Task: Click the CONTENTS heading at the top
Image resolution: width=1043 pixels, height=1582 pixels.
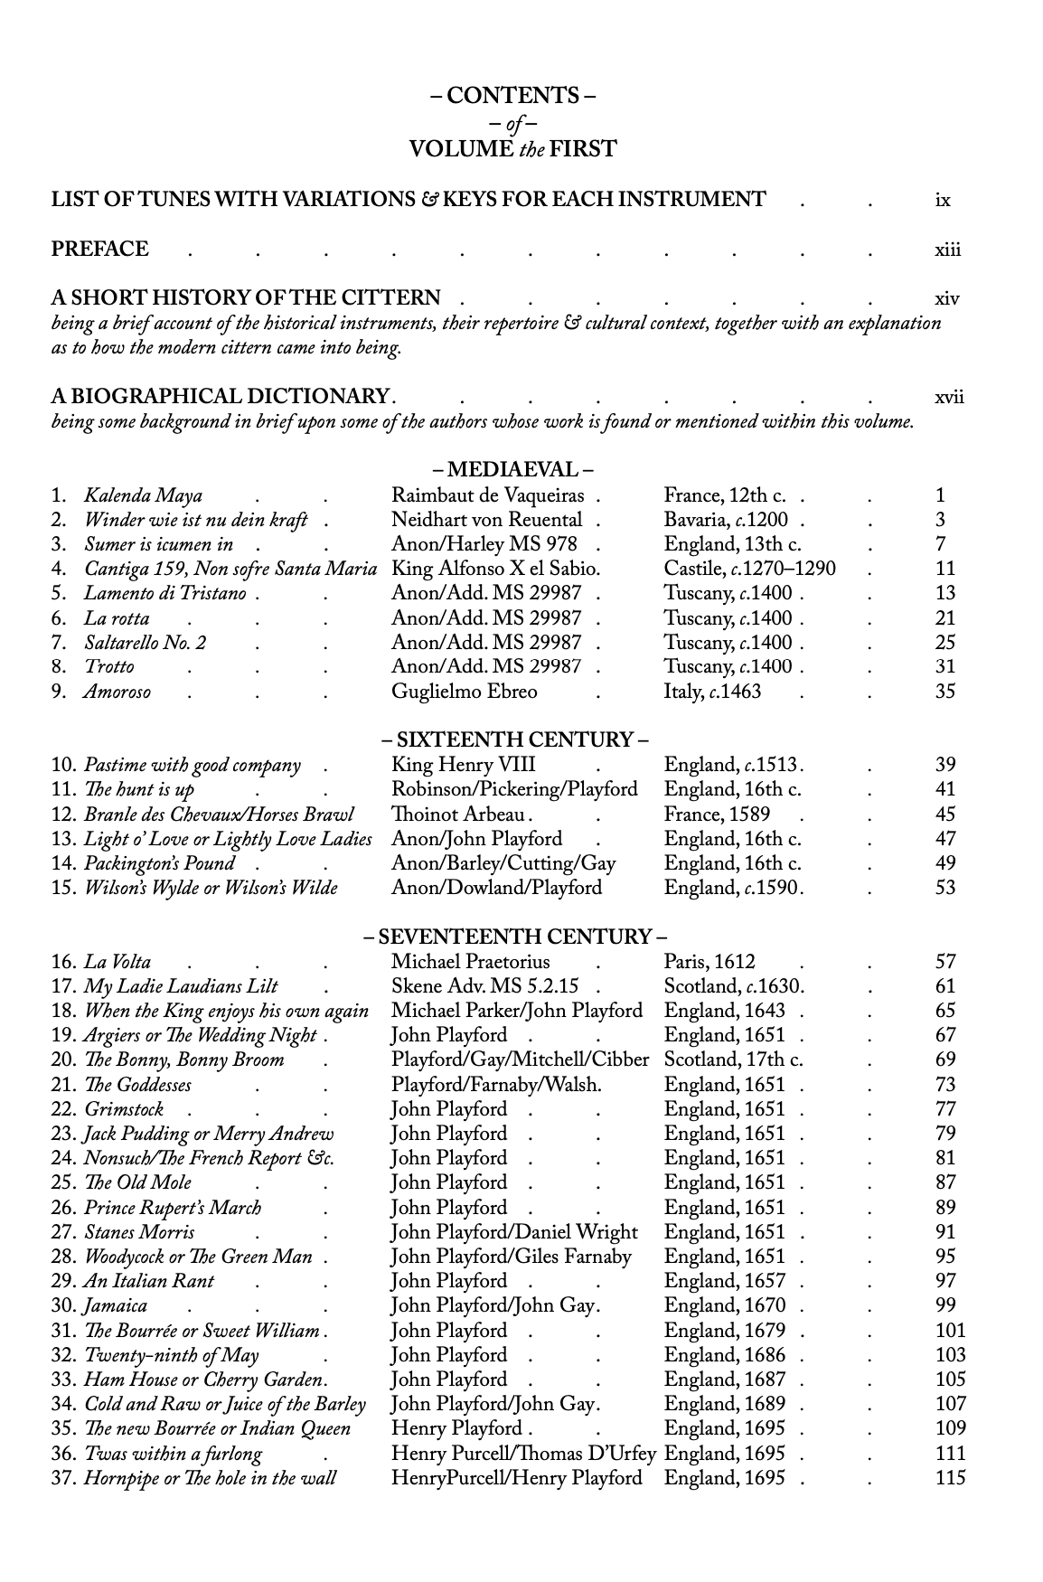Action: (512, 96)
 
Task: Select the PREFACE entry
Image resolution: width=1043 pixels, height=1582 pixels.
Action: (100, 250)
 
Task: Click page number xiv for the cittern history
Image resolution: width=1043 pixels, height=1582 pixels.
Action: (946, 298)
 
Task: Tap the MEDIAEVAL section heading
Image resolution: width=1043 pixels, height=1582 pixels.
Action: (512, 470)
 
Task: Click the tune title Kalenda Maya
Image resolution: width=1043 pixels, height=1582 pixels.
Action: (143, 495)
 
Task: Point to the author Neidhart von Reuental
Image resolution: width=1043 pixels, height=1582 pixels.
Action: (486, 520)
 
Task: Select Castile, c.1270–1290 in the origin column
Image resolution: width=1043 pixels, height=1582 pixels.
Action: (749, 569)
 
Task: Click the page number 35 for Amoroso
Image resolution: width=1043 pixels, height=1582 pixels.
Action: (945, 692)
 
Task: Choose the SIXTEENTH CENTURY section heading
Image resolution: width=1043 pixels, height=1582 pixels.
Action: (513, 740)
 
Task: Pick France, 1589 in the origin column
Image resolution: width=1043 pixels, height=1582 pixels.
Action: (717, 814)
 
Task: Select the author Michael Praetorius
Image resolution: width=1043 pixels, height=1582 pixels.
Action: (470, 962)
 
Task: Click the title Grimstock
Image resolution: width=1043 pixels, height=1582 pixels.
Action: (124, 1109)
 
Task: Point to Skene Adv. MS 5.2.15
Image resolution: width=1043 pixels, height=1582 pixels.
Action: (484, 986)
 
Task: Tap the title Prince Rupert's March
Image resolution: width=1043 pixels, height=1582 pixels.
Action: (172, 1208)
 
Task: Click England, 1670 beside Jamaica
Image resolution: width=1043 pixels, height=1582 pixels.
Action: (724, 1305)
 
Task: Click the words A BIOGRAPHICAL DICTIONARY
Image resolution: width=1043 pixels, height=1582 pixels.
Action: (221, 396)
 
